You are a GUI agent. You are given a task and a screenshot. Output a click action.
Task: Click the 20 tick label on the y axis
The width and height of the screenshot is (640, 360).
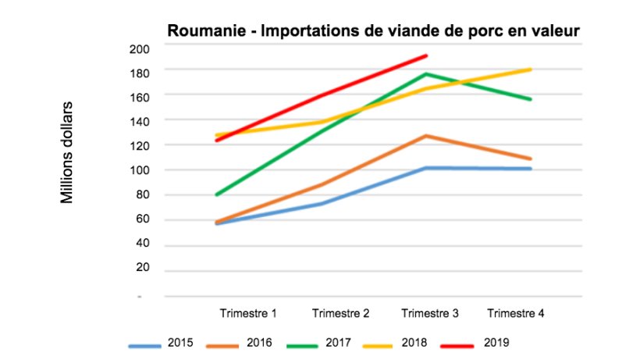pyautogui.click(x=140, y=269)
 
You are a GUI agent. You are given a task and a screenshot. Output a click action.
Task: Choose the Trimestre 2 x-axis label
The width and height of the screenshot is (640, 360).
pyautogui.click(x=340, y=313)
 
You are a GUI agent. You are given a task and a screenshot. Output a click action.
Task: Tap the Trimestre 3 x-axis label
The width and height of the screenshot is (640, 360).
pyautogui.click(x=429, y=313)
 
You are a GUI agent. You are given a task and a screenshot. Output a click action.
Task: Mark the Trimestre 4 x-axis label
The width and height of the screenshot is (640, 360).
pyautogui.click(x=515, y=313)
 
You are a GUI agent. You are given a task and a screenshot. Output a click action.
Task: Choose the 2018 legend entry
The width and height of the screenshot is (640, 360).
pyautogui.click(x=420, y=342)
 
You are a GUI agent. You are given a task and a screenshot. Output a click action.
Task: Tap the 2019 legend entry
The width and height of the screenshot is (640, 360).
pyautogui.click(x=496, y=342)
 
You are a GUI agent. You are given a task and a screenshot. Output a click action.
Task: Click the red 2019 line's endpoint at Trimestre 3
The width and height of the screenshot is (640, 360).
pyautogui.click(x=427, y=55)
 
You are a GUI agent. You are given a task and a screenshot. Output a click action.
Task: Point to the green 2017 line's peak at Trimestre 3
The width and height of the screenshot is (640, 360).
pyautogui.click(x=427, y=74)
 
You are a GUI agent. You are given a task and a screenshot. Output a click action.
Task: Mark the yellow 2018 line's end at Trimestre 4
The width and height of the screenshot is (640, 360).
pyautogui.click(x=531, y=70)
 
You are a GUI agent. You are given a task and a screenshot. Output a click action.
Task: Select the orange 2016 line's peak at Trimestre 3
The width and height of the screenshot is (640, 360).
pyautogui.click(x=427, y=136)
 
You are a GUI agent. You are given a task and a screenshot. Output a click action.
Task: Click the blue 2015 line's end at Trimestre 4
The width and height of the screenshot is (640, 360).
pyautogui.click(x=531, y=169)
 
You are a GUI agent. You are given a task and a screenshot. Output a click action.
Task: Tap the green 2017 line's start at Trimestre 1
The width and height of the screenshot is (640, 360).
pyautogui.click(x=215, y=194)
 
